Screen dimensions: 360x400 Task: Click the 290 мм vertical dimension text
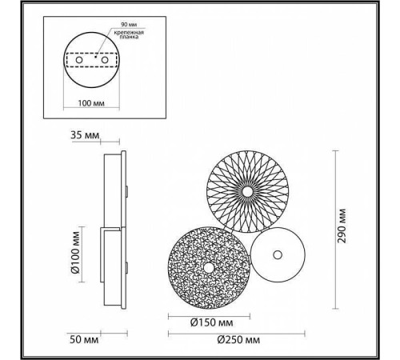(342, 227)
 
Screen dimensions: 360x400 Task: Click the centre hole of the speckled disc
(206, 267)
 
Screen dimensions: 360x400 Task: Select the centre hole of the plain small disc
(278, 254)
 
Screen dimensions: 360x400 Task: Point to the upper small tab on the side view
(127, 190)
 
